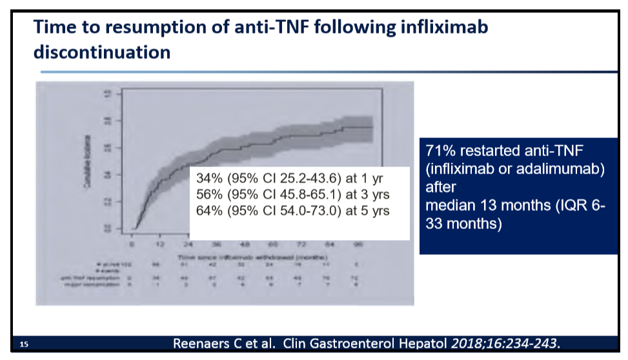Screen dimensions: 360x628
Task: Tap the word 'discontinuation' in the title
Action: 102,52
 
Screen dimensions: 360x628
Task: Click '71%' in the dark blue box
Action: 438,151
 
